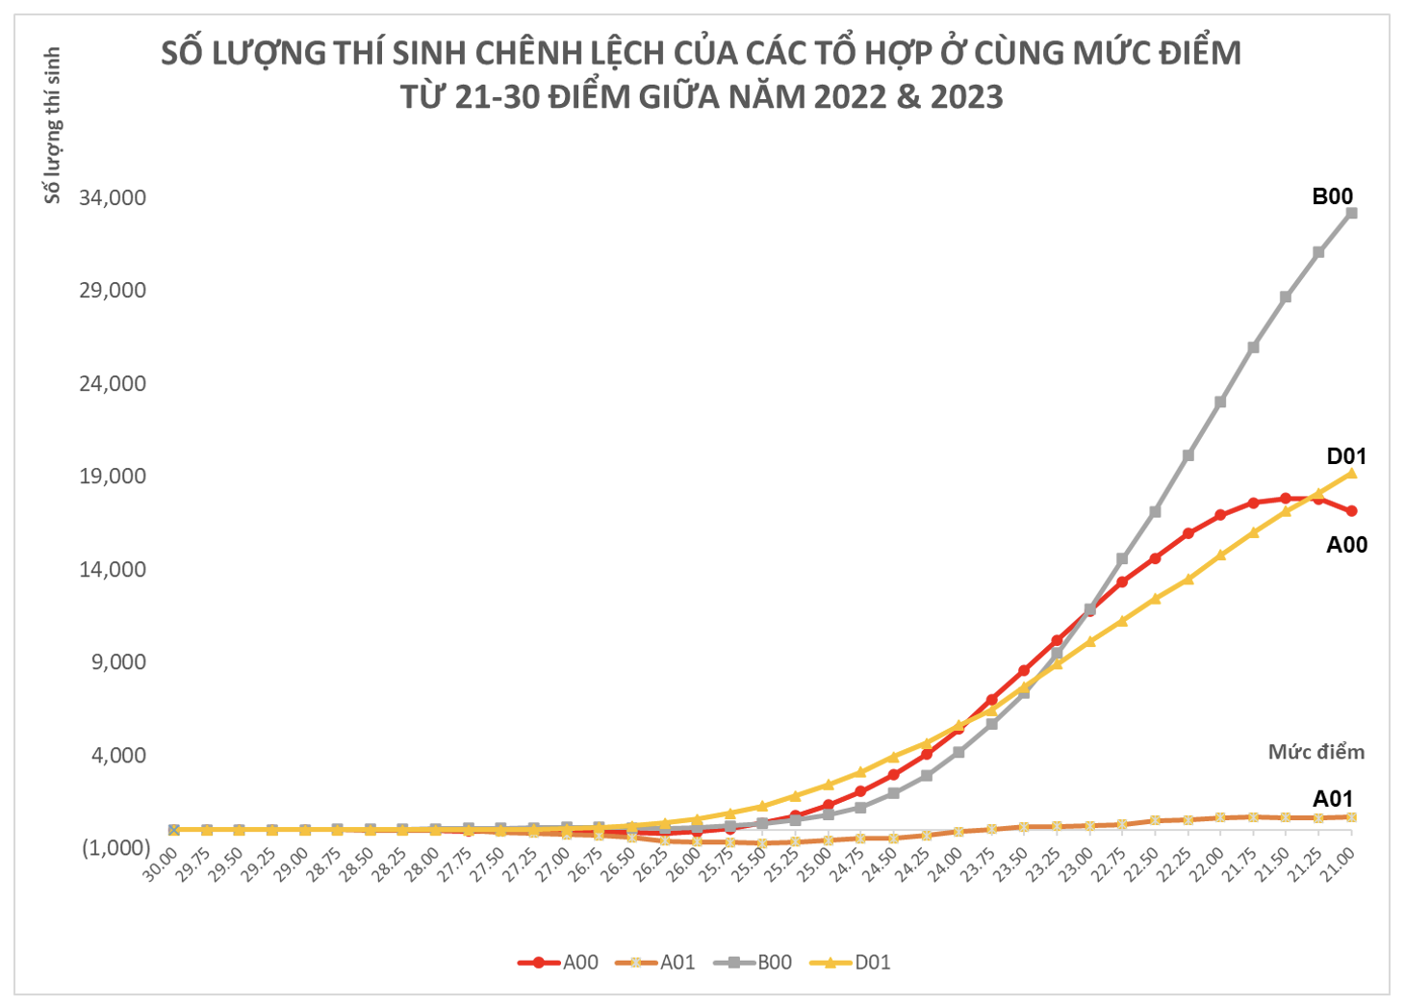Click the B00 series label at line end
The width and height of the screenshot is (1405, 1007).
tap(1332, 196)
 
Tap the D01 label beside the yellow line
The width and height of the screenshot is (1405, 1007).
tap(1345, 456)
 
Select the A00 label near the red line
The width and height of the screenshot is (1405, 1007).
tap(1345, 545)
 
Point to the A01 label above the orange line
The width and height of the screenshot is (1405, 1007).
tap(1333, 798)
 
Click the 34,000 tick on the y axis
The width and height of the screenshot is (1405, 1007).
tap(113, 198)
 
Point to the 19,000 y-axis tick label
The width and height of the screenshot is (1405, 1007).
tap(113, 477)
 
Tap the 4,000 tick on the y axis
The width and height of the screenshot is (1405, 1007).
tap(118, 755)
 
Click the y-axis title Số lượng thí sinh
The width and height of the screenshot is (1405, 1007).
tap(53, 125)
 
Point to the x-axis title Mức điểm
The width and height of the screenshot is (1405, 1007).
tap(1316, 752)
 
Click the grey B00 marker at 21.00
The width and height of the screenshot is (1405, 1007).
tap(1351, 213)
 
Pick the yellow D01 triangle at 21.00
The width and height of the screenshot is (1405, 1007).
tap(1351, 473)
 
